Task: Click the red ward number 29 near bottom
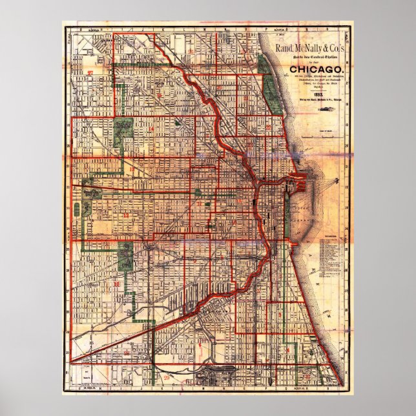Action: click(x=168, y=377)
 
